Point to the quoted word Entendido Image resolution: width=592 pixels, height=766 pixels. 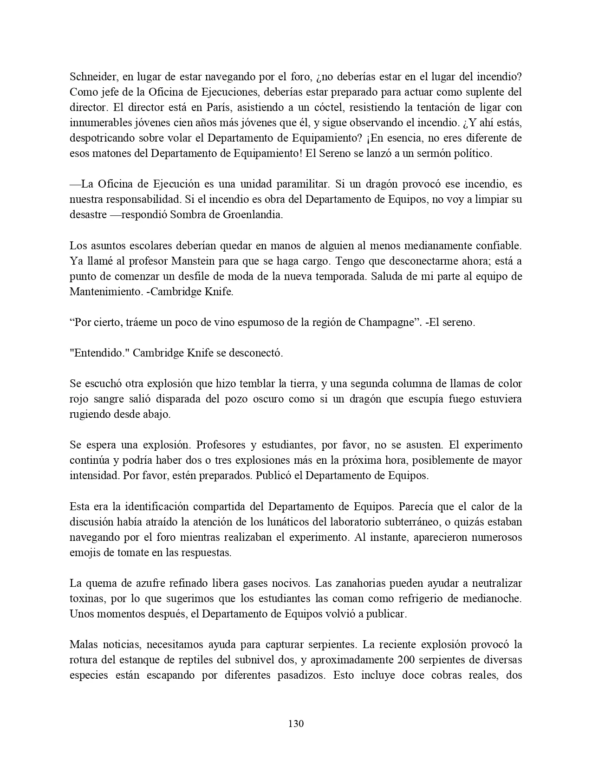[99, 353]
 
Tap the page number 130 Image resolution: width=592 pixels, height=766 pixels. [296, 723]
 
